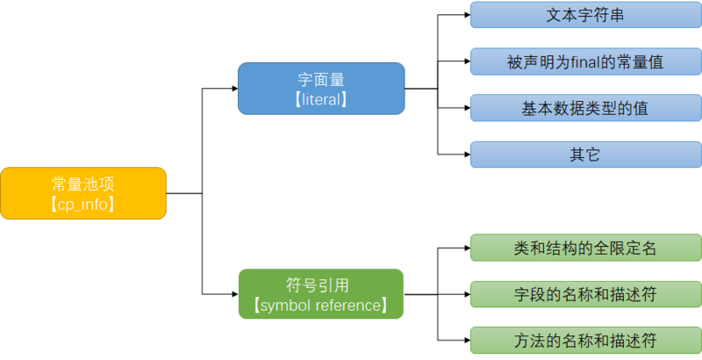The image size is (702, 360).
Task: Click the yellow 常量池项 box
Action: click(82, 193)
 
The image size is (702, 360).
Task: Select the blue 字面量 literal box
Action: click(320, 88)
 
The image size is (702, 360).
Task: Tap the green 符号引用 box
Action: click(320, 294)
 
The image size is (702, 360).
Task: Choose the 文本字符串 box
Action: click(584, 15)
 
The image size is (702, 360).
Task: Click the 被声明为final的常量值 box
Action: click(584, 61)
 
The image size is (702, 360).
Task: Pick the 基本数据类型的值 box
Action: click(584, 108)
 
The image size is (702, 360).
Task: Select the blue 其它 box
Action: click(584, 155)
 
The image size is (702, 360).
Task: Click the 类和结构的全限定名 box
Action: click(584, 248)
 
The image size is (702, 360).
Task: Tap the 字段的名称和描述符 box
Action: click(584, 294)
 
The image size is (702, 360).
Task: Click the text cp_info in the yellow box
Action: click(84, 205)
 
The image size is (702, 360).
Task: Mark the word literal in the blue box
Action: click(321, 100)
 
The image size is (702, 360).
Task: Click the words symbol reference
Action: click(320, 306)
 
